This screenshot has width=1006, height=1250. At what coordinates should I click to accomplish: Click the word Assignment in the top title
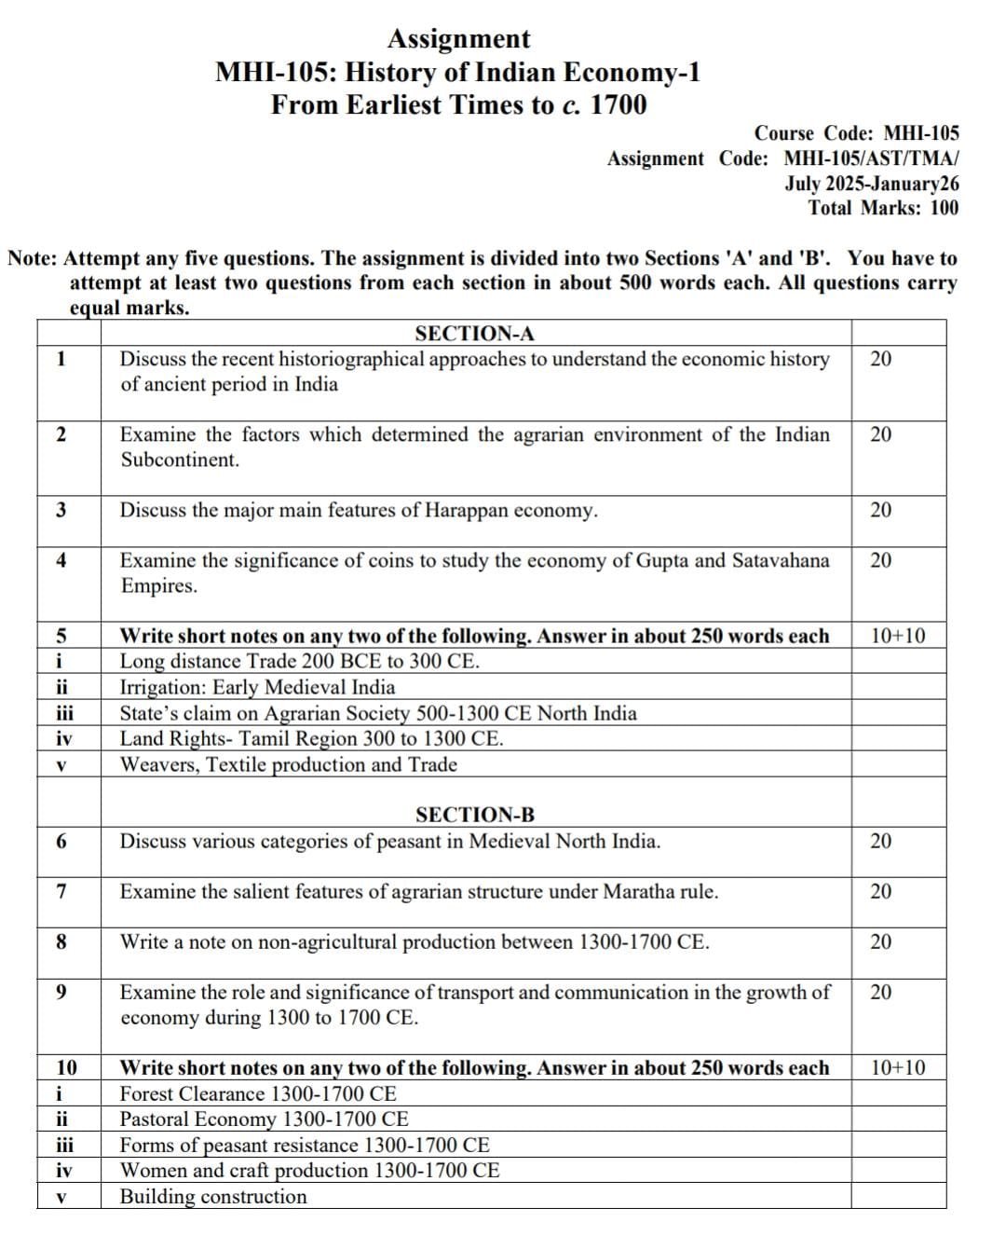pyautogui.click(x=457, y=39)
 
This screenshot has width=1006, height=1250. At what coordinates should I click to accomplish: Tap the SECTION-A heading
pyautogui.click(x=474, y=334)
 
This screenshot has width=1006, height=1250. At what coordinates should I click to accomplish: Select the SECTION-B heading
pyautogui.click(x=475, y=815)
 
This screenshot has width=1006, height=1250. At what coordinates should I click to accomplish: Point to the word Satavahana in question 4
pyautogui.click(x=780, y=560)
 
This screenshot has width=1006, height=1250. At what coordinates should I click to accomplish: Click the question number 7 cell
pyautogui.click(x=61, y=892)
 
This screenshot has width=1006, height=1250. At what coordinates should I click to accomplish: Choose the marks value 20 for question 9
pyautogui.click(x=880, y=993)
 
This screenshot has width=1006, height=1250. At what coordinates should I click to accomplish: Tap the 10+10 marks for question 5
pyautogui.click(x=898, y=637)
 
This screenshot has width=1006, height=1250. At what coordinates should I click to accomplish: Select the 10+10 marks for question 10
pyautogui.click(x=898, y=1068)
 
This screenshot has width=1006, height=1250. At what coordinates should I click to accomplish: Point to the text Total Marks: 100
pyautogui.click(x=883, y=208)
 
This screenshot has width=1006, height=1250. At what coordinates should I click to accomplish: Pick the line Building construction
pyautogui.click(x=213, y=1197)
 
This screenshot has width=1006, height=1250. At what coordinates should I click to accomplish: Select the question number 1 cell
pyautogui.click(x=61, y=359)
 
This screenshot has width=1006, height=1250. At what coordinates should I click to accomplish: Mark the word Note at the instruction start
pyautogui.click(x=33, y=258)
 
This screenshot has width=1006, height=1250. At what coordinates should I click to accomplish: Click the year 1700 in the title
pyautogui.click(x=619, y=105)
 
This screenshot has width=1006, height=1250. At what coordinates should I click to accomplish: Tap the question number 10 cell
pyautogui.click(x=67, y=1068)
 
